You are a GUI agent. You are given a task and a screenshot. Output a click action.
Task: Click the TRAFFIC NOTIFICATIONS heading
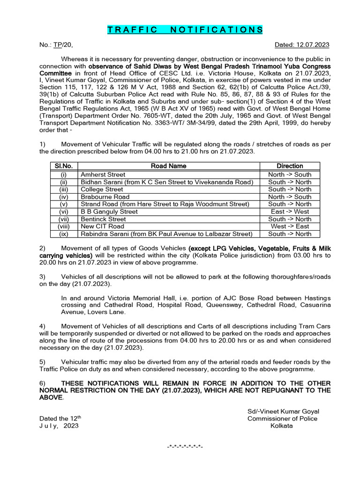point(185,30)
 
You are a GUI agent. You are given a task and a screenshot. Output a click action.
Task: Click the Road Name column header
point(168,166)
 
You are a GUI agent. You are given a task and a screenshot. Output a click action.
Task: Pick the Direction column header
point(290,166)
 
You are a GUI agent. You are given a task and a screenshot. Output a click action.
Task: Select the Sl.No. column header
point(64,166)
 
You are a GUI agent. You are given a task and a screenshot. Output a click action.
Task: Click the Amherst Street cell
point(103,174)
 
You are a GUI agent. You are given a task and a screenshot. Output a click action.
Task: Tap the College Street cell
point(102,189)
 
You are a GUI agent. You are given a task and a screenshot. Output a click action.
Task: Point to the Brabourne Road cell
point(105,197)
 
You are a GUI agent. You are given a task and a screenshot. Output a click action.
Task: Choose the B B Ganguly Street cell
point(109,211)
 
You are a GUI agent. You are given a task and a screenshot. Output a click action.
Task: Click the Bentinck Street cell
point(104,219)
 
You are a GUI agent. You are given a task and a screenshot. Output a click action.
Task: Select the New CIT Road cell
point(103,226)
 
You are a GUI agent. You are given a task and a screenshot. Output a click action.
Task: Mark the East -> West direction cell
point(290,211)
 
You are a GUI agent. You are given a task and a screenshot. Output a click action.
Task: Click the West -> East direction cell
point(290,226)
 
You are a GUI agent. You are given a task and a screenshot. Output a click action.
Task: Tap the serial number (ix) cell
point(64,234)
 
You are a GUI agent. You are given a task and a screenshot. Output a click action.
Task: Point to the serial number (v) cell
point(64,204)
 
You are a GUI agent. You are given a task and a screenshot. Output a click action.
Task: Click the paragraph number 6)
point(42,383)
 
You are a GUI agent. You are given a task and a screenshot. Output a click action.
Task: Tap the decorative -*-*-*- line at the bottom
point(185,445)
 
